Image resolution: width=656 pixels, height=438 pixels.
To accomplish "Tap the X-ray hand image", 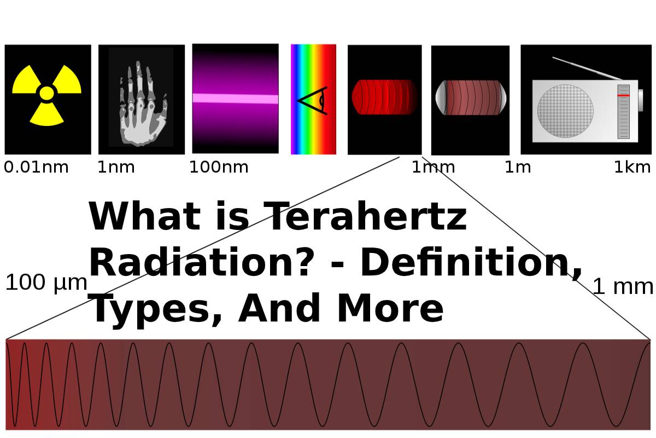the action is [x=143, y=103].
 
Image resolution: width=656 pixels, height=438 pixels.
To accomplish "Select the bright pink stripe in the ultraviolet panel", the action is [x=236, y=99].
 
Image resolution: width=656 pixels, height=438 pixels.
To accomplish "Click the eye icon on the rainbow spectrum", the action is [x=313, y=101].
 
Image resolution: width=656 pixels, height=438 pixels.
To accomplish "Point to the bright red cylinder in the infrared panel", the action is [x=384, y=97].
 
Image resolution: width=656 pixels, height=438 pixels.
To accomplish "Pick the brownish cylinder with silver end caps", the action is [x=471, y=97].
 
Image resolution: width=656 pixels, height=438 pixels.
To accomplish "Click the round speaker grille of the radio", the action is [x=565, y=111].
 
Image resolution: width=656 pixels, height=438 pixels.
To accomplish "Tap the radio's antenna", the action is [x=587, y=68].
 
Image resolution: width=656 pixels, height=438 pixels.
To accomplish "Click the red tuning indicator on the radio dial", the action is [x=624, y=96].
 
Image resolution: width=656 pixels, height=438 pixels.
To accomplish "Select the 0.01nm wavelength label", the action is [x=36, y=168].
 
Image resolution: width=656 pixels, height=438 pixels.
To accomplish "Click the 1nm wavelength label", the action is [x=116, y=168].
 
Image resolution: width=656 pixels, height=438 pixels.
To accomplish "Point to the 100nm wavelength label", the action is [x=219, y=168].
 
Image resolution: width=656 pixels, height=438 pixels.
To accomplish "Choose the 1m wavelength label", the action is [x=518, y=168].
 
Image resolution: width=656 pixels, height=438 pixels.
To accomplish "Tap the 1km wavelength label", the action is [x=632, y=168].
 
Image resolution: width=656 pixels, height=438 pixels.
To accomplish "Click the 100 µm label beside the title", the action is [x=46, y=283].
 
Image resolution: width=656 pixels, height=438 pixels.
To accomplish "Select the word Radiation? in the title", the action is [x=199, y=262].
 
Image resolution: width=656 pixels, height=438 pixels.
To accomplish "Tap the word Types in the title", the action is [x=155, y=309].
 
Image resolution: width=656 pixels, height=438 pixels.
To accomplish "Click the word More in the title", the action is [x=390, y=308].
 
